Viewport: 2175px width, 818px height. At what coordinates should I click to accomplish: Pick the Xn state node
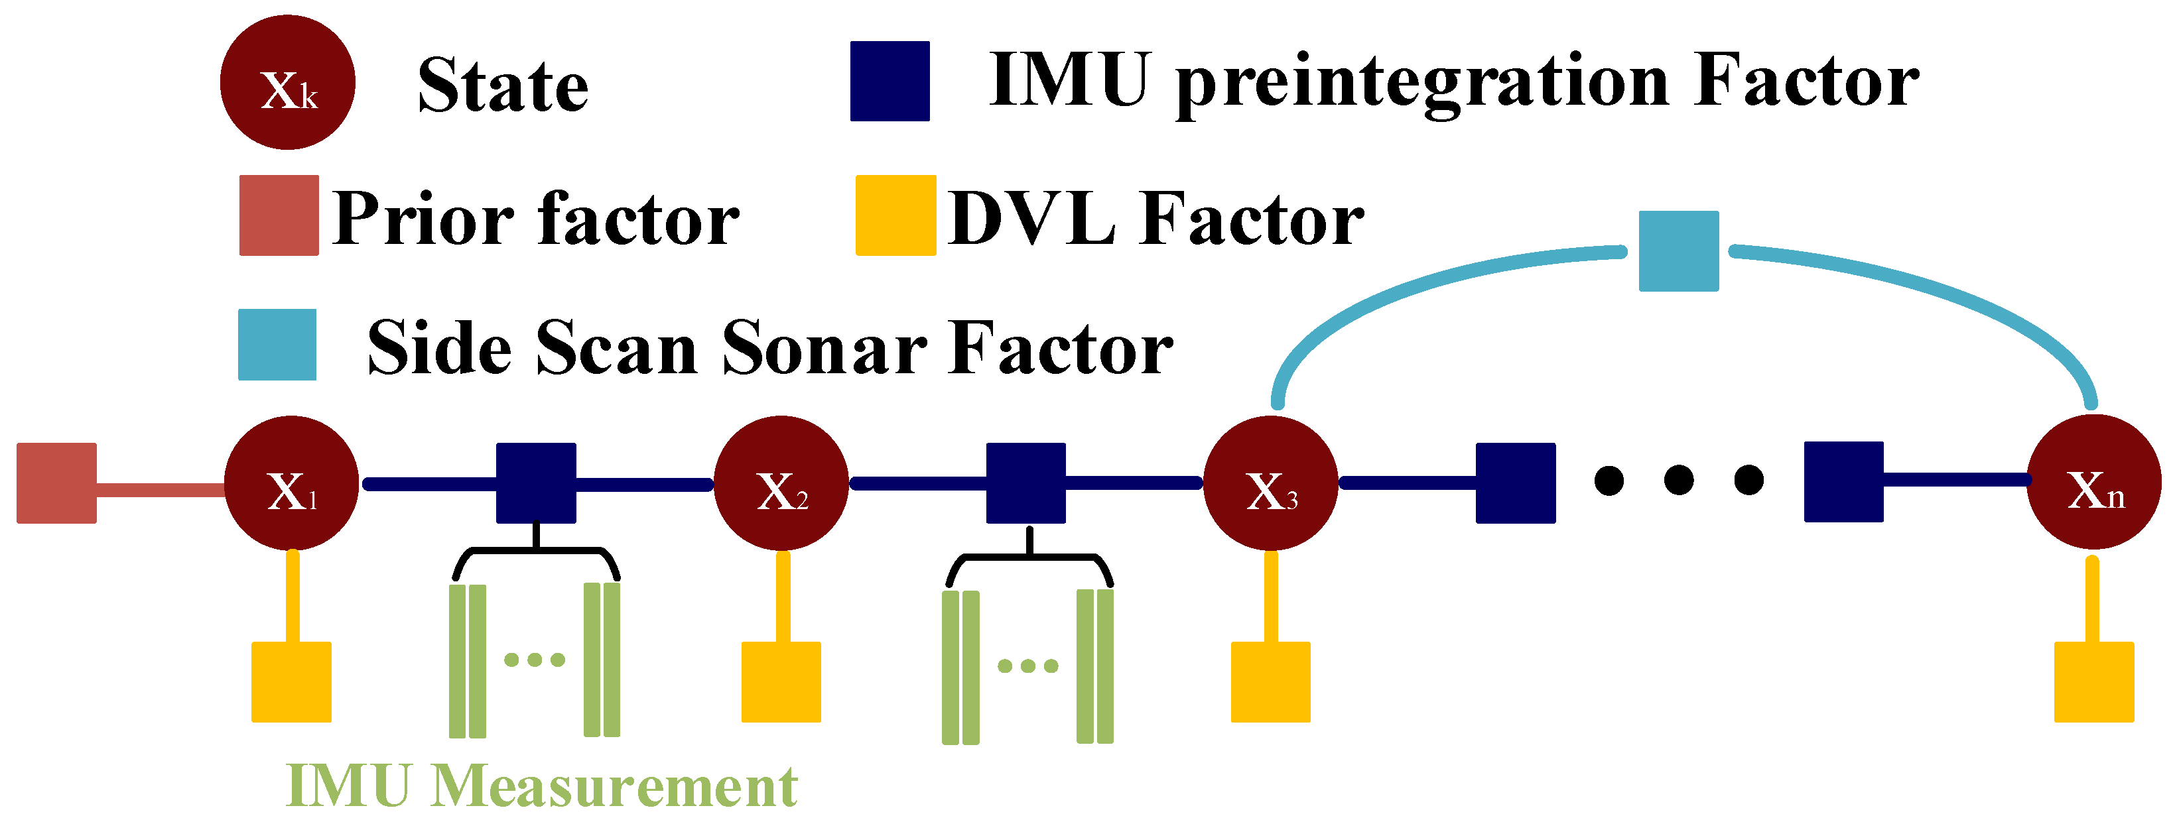(x=2094, y=482)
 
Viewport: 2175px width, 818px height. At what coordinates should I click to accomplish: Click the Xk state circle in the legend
(x=287, y=83)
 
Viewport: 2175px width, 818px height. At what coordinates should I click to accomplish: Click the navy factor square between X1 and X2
(x=536, y=483)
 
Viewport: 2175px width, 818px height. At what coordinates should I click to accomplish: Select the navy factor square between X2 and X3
(x=1026, y=483)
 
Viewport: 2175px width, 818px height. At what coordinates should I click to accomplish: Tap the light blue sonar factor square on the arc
(x=1679, y=251)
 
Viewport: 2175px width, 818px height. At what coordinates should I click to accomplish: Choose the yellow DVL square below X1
(x=291, y=682)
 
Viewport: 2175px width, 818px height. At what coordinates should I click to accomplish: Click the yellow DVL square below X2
(x=781, y=682)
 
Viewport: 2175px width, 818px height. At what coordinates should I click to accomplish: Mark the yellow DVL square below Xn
(x=2094, y=682)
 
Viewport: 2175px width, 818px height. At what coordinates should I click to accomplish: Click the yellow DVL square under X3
(x=1271, y=682)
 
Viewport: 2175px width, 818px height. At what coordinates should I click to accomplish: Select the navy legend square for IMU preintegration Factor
(x=890, y=81)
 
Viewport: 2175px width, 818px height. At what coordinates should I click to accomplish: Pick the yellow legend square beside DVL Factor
(x=896, y=215)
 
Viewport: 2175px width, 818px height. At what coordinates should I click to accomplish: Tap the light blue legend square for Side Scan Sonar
(x=277, y=345)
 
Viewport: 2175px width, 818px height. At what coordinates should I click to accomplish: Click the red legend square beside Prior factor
(x=279, y=215)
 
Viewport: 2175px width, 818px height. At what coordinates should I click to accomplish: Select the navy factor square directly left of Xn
(x=1844, y=482)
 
